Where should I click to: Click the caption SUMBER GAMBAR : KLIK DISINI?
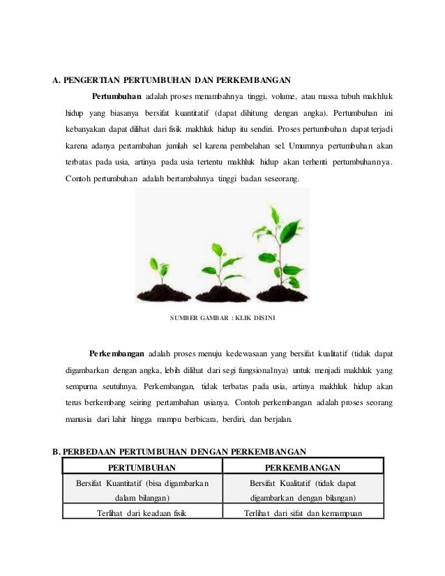pyautogui.click(x=222, y=319)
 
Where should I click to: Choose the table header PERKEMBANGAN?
pyautogui.click(x=303, y=467)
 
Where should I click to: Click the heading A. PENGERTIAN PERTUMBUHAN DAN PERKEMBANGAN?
pyautogui.click(x=172, y=79)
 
